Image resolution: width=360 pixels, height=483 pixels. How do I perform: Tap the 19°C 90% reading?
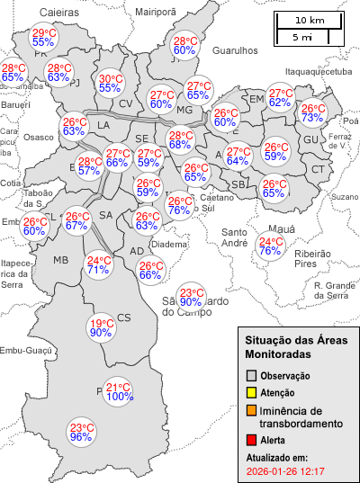(x=101, y=328)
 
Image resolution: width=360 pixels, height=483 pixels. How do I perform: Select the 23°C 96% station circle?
(x=82, y=432)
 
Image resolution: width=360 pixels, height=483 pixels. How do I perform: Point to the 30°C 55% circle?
(x=111, y=83)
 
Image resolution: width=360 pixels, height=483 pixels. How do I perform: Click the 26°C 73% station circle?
(x=313, y=112)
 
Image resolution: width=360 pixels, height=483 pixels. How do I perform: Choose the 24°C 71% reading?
(x=98, y=264)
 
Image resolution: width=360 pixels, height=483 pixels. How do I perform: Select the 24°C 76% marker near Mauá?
(x=270, y=246)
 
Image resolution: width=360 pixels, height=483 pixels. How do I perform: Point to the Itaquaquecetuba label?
(x=317, y=71)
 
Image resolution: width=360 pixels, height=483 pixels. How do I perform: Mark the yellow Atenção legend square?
(x=253, y=392)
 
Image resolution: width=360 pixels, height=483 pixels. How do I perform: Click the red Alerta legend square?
(x=253, y=440)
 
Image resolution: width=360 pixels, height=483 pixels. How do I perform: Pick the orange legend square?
(x=253, y=411)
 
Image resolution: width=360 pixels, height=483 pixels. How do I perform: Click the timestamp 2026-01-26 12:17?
(x=284, y=471)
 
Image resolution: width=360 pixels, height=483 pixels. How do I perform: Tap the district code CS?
(x=124, y=317)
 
